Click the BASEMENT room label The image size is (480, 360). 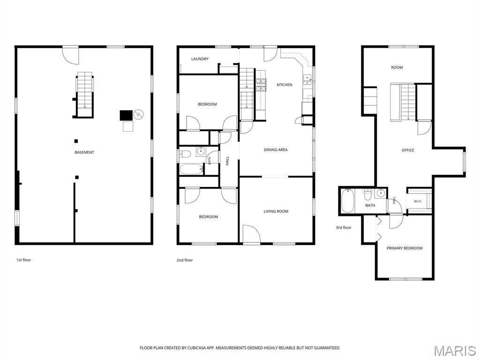point(84,152)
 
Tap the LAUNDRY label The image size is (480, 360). point(200,59)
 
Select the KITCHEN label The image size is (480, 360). point(285,85)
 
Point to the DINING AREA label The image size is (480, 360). point(276,150)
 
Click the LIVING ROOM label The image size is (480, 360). point(276,211)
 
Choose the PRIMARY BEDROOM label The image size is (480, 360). point(405,248)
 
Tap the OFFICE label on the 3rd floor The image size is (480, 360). point(408,150)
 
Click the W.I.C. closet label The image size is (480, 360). point(418,202)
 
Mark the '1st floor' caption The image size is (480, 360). point(23,260)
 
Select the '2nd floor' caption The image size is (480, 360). point(185,260)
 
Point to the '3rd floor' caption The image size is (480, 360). point(344,227)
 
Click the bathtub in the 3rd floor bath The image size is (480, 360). point(347,201)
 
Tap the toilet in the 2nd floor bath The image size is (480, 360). point(185,154)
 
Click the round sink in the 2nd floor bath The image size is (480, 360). point(201,150)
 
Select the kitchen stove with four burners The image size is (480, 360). point(261,85)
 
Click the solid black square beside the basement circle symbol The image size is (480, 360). point(126,115)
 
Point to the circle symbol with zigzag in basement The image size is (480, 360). point(138,114)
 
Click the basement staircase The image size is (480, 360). point(85,94)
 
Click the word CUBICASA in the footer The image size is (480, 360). point(196,348)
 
